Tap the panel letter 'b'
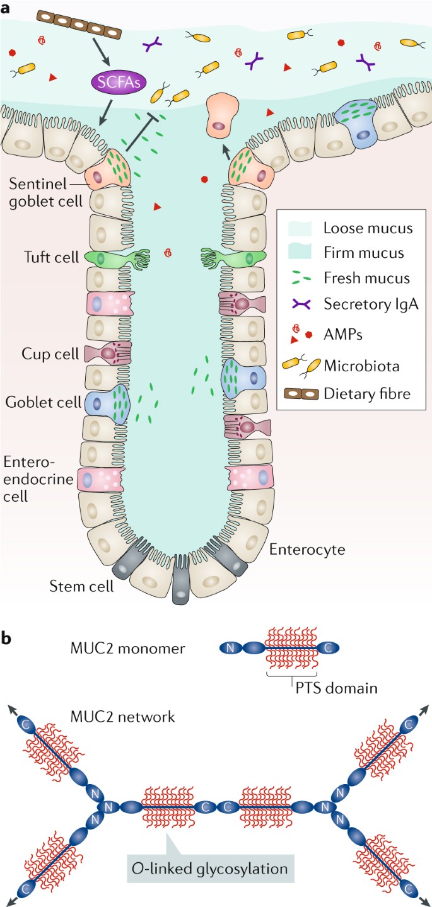(8, 638)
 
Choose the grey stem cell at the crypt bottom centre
(181, 579)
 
